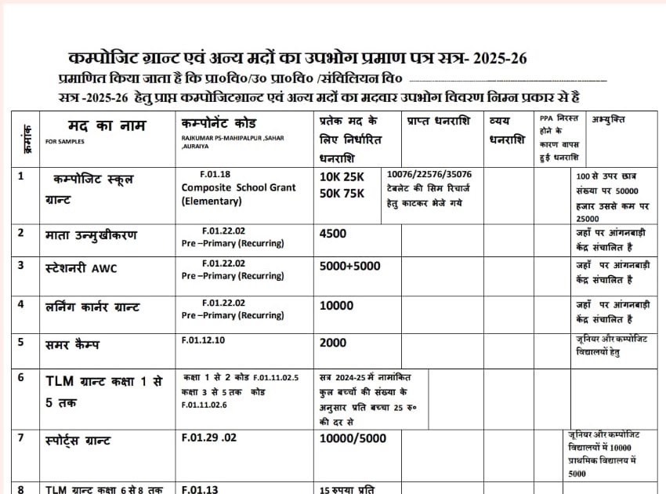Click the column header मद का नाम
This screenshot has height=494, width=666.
coord(92,125)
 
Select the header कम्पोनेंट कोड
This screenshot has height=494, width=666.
coord(219,124)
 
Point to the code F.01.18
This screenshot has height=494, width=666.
coord(215,174)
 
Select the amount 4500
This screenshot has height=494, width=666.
coord(333,233)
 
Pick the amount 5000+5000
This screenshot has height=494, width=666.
coord(349,266)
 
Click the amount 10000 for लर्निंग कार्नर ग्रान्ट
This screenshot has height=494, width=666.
coord(336,305)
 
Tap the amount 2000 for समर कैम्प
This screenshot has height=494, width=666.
coord(333,343)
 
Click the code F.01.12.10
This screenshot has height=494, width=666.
coord(203,340)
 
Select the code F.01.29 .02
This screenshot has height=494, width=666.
coord(208,438)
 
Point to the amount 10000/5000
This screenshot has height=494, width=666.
coord(353,438)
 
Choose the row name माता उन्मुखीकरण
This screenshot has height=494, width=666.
coord(91,234)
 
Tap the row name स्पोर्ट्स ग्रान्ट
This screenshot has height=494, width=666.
coord(78,440)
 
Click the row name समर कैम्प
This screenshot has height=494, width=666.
coord(73,343)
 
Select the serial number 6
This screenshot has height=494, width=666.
coord(21,377)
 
